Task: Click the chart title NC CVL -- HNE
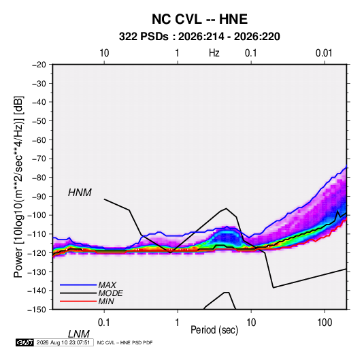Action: (199, 19)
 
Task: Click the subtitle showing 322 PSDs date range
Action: (199, 37)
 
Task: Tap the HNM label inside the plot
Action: (80, 193)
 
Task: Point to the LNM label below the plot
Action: (78, 334)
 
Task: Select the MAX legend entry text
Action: (107, 284)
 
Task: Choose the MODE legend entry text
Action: (110, 293)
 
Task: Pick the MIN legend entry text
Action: (106, 301)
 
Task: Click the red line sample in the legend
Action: (78, 301)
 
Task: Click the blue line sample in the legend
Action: (78, 284)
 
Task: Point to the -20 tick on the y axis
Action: (39, 65)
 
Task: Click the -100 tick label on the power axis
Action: (37, 215)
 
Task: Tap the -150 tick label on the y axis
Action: (37, 310)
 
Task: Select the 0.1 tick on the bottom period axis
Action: (104, 323)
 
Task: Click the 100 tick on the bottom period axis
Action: (325, 323)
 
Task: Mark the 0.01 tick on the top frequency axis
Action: (324, 53)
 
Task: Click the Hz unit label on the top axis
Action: (214, 53)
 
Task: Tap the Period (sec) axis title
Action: (214, 330)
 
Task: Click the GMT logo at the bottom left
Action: (25, 342)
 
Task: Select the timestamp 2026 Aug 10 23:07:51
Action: (63, 342)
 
